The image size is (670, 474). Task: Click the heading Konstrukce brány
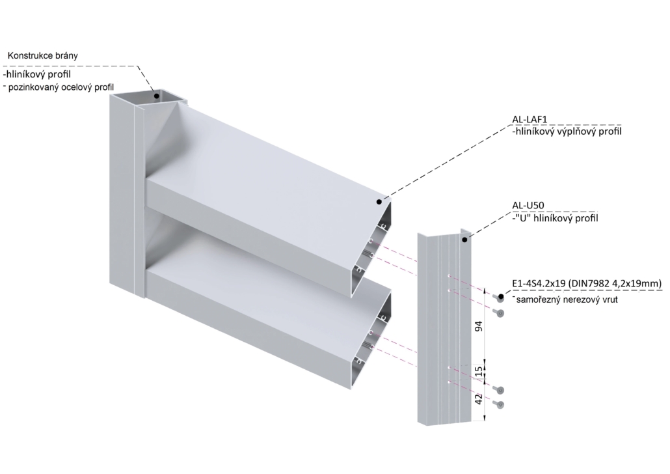click(x=43, y=55)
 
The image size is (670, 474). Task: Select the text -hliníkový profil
click(x=36, y=75)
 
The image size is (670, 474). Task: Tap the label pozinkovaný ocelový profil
click(x=59, y=87)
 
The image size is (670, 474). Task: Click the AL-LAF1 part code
click(x=529, y=120)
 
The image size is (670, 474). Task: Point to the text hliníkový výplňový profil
click(x=567, y=132)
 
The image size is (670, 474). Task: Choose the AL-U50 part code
click(x=528, y=205)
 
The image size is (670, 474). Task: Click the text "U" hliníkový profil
click(x=555, y=218)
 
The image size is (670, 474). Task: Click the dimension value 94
click(x=479, y=326)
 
